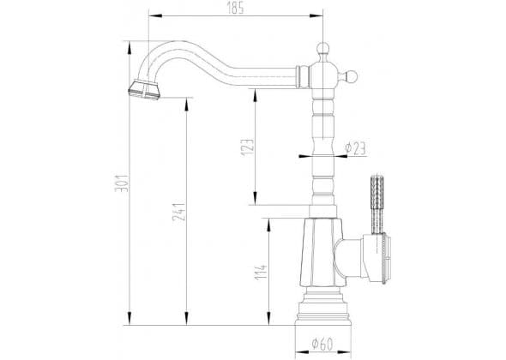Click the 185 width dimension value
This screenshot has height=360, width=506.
pyautogui.click(x=235, y=9)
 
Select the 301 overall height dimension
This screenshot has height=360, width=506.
pyautogui.click(x=122, y=183)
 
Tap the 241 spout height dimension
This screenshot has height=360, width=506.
pyautogui.click(x=178, y=212)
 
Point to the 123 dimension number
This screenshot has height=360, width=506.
pyautogui.click(x=248, y=147)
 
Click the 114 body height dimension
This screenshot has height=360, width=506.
pyautogui.click(x=261, y=273)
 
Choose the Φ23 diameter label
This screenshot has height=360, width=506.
pyautogui.click(x=355, y=148)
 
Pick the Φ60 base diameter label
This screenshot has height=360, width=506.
pyautogui.click(x=322, y=345)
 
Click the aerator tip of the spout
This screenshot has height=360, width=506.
pyautogui.click(x=144, y=89)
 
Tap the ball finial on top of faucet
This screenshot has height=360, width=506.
pyautogui.click(x=323, y=48)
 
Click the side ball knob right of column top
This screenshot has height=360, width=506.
pyautogui.click(x=351, y=77)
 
